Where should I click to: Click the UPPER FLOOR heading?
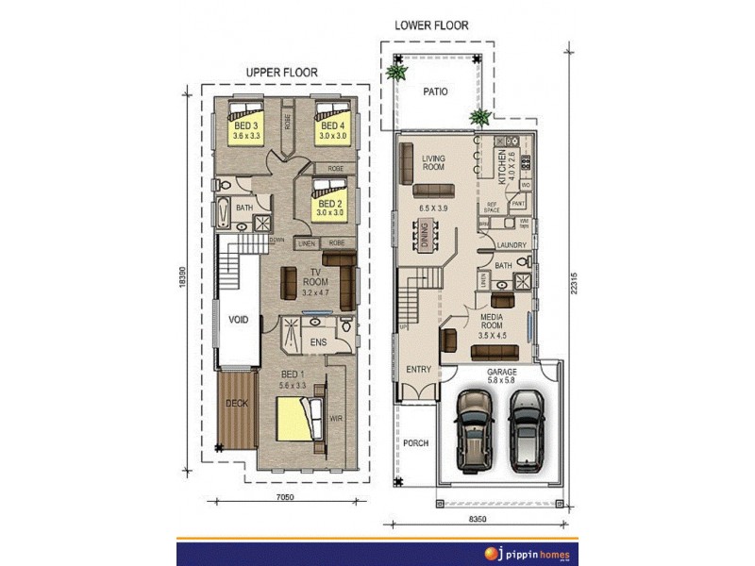(281, 72)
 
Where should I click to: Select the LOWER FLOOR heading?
(431, 25)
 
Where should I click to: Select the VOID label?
(239, 320)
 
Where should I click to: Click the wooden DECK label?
(236, 404)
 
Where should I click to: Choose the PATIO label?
(434, 92)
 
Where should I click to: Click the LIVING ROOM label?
(433, 164)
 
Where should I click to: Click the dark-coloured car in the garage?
(474, 429)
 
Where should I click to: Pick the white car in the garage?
(528, 429)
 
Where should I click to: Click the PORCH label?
(415, 442)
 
